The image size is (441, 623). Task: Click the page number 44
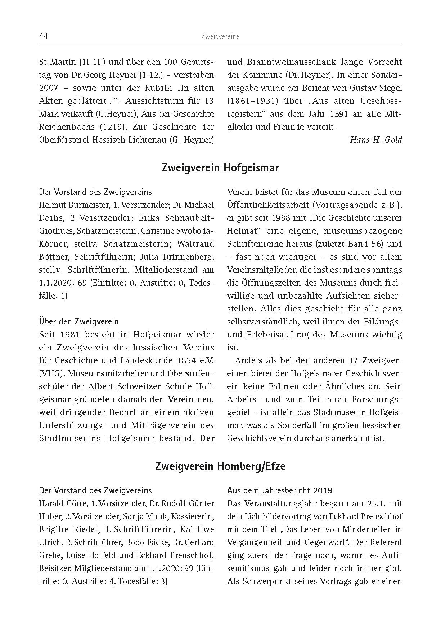tap(44, 36)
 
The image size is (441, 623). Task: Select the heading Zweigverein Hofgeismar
tap(220, 168)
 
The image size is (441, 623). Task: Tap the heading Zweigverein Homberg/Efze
tap(220, 466)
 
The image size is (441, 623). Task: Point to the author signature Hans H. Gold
tap(375, 140)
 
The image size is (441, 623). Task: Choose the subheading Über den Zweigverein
tap(78, 321)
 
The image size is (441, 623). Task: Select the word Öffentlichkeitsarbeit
tap(268, 205)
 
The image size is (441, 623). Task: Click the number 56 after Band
tap(375, 244)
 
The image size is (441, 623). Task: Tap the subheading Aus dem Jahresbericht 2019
tap(280, 490)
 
